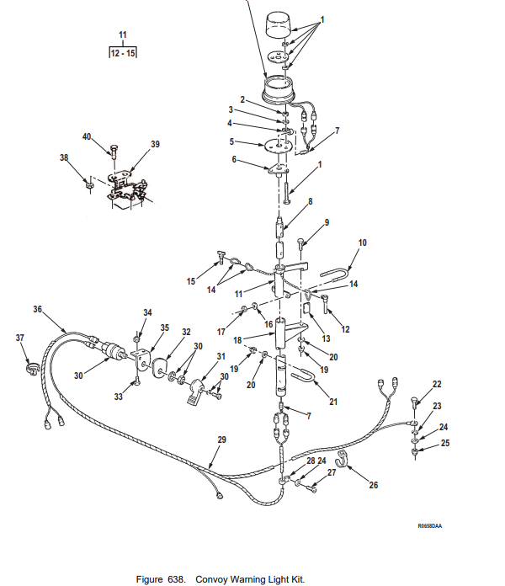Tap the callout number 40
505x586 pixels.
coord(87,136)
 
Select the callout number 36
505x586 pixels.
coord(37,309)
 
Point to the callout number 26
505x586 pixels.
coord(374,485)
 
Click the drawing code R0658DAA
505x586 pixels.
coord(429,526)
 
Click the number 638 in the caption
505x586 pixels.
coord(176,579)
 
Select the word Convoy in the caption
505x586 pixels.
coord(211,579)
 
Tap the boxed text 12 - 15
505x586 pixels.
coord(123,53)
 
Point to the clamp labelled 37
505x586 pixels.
coord(32,369)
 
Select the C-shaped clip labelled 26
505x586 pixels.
coord(341,460)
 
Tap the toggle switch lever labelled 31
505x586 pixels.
coord(196,392)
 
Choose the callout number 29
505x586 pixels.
coord(222,439)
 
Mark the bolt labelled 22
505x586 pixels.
coord(415,404)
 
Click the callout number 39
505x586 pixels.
coord(155,144)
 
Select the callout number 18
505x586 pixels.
coord(237,340)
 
